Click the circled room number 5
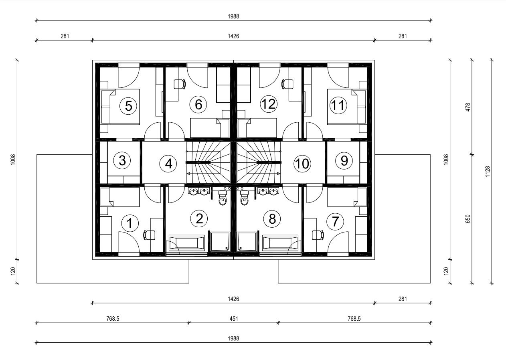(x=128, y=106)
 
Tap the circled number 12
(x=269, y=104)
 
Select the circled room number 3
(x=122, y=160)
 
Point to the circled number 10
(x=302, y=164)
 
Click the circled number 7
(x=335, y=222)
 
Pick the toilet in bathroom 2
(x=223, y=198)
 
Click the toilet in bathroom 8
(x=245, y=198)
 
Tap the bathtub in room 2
(x=186, y=243)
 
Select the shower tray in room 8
(x=247, y=241)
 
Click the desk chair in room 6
(x=180, y=84)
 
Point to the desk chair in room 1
(x=149, y=235)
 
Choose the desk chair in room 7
(x=318, y=235)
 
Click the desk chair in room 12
(x=287, y=84)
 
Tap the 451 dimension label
(x=234, y=319)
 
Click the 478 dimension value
(x=468, y=107)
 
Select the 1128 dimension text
(x=488, y=172)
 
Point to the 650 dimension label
(x=468, y=219)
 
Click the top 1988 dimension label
(x=233, y=16)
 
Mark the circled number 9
(x=344, y=161)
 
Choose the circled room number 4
(x=168, y=164)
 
